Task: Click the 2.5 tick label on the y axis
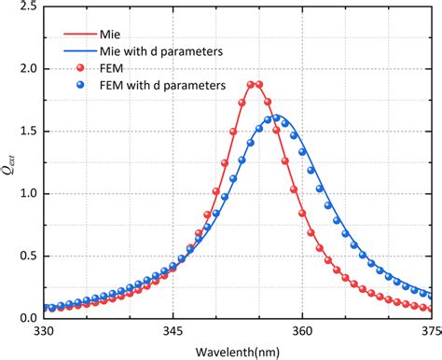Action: pyautogui.click(x=28, y=7)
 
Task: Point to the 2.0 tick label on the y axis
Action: pyautogui.click(x=28, y=69)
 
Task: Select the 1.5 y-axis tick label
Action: pyautogui.click(x=28, y=132)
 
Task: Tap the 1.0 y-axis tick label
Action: pyautogui.click(x=28, y=193)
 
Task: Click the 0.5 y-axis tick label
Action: pyautogui.click(x=28, y=256)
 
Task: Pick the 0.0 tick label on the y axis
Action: pyautogui.click(x=28, y=317)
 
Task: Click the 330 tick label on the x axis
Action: pyautogui.click(x=44, y=330)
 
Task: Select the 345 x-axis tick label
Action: pyautogui.click(x=173, y=330)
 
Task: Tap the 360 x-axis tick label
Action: pyautogui.click(x=302, y=330)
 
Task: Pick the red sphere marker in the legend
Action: pyautogui.click(x=80, y=68)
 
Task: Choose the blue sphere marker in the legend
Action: pyautogui.click(x=80, y=85)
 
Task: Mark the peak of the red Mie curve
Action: pyautogui.click(x=254, y=84)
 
